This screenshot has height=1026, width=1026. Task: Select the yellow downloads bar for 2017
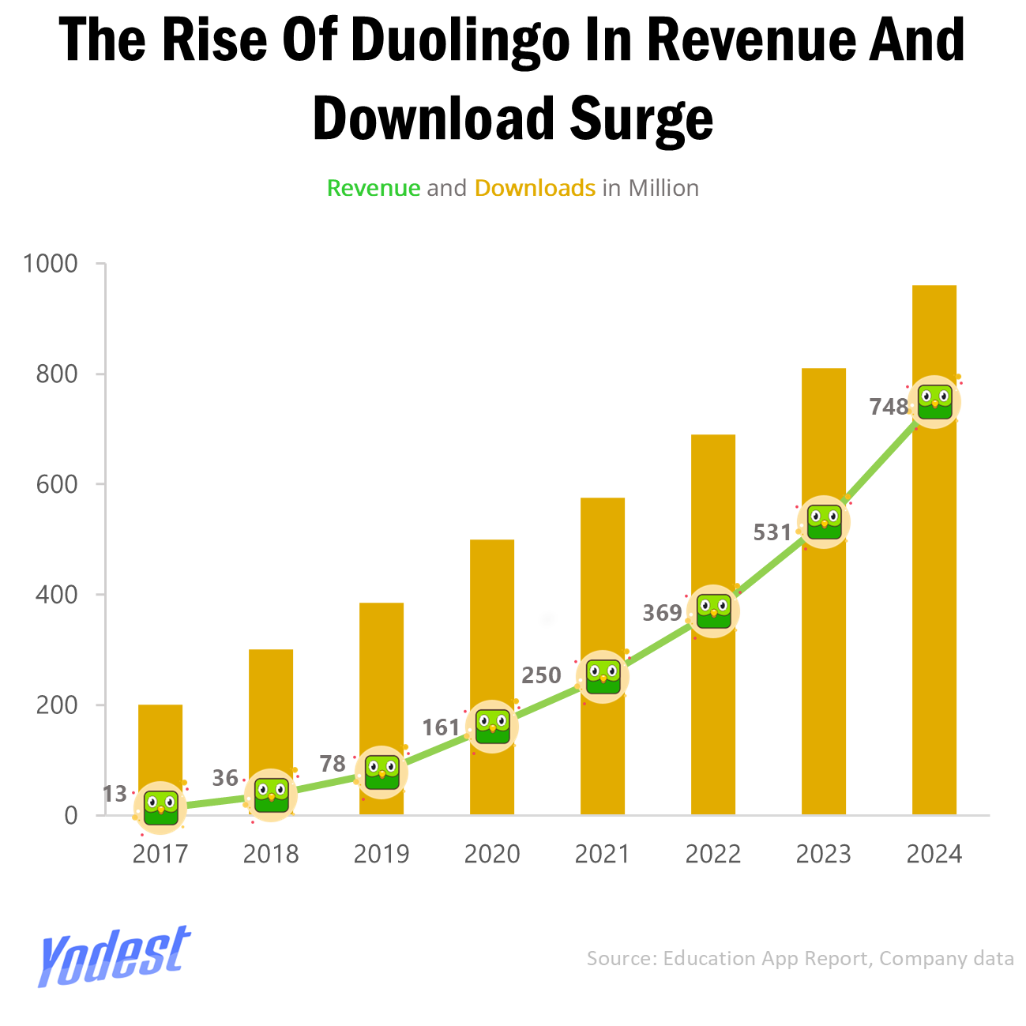click(160, 742)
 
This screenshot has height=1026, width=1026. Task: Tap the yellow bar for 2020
click(491, 616)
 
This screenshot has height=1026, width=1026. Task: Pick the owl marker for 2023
click(824, 522)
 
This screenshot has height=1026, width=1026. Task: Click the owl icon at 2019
click(381, 772)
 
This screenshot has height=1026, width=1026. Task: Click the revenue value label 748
click(889, 407)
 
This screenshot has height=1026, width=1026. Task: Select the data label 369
click(662, 613)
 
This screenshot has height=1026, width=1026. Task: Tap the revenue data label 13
click(115, 794)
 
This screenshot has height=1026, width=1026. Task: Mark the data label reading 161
click(441, 727)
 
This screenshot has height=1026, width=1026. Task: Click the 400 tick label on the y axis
click(57, 594)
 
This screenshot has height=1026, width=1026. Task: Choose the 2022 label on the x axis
click(712, 855)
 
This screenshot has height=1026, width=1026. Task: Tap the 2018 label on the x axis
click(271, 855)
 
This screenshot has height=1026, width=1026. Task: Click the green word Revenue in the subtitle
click(374, 188)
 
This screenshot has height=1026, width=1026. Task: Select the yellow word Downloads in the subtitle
click(535, 188)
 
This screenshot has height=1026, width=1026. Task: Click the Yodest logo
click(115, 956)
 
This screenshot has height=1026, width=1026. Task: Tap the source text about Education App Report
click(799, 958)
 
